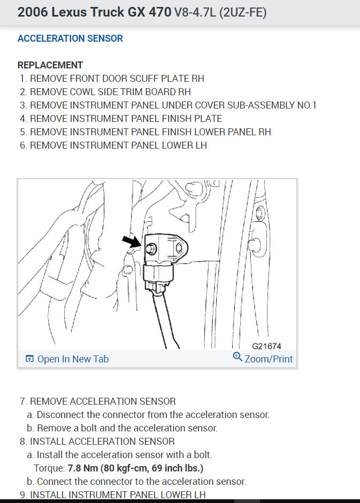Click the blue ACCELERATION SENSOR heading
(70, 38)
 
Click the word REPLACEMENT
(50, 65)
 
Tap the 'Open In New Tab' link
(73, 359)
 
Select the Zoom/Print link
(269, 359)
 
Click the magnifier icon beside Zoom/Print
(238, 357)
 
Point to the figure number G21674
(266, 346)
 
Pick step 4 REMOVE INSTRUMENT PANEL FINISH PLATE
(121, 119)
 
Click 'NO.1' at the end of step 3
(307, 105)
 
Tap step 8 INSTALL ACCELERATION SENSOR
(97, 442)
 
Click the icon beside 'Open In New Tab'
(30, 359)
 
